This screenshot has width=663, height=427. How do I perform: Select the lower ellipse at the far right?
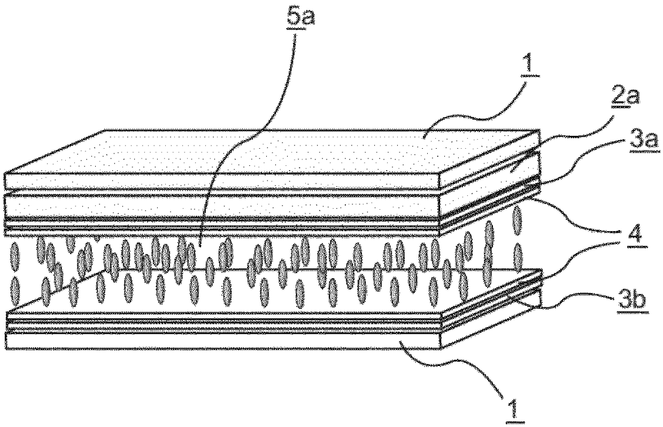[x=518, y=256]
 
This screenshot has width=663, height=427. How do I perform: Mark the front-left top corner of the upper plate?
[x=4, y=172]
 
